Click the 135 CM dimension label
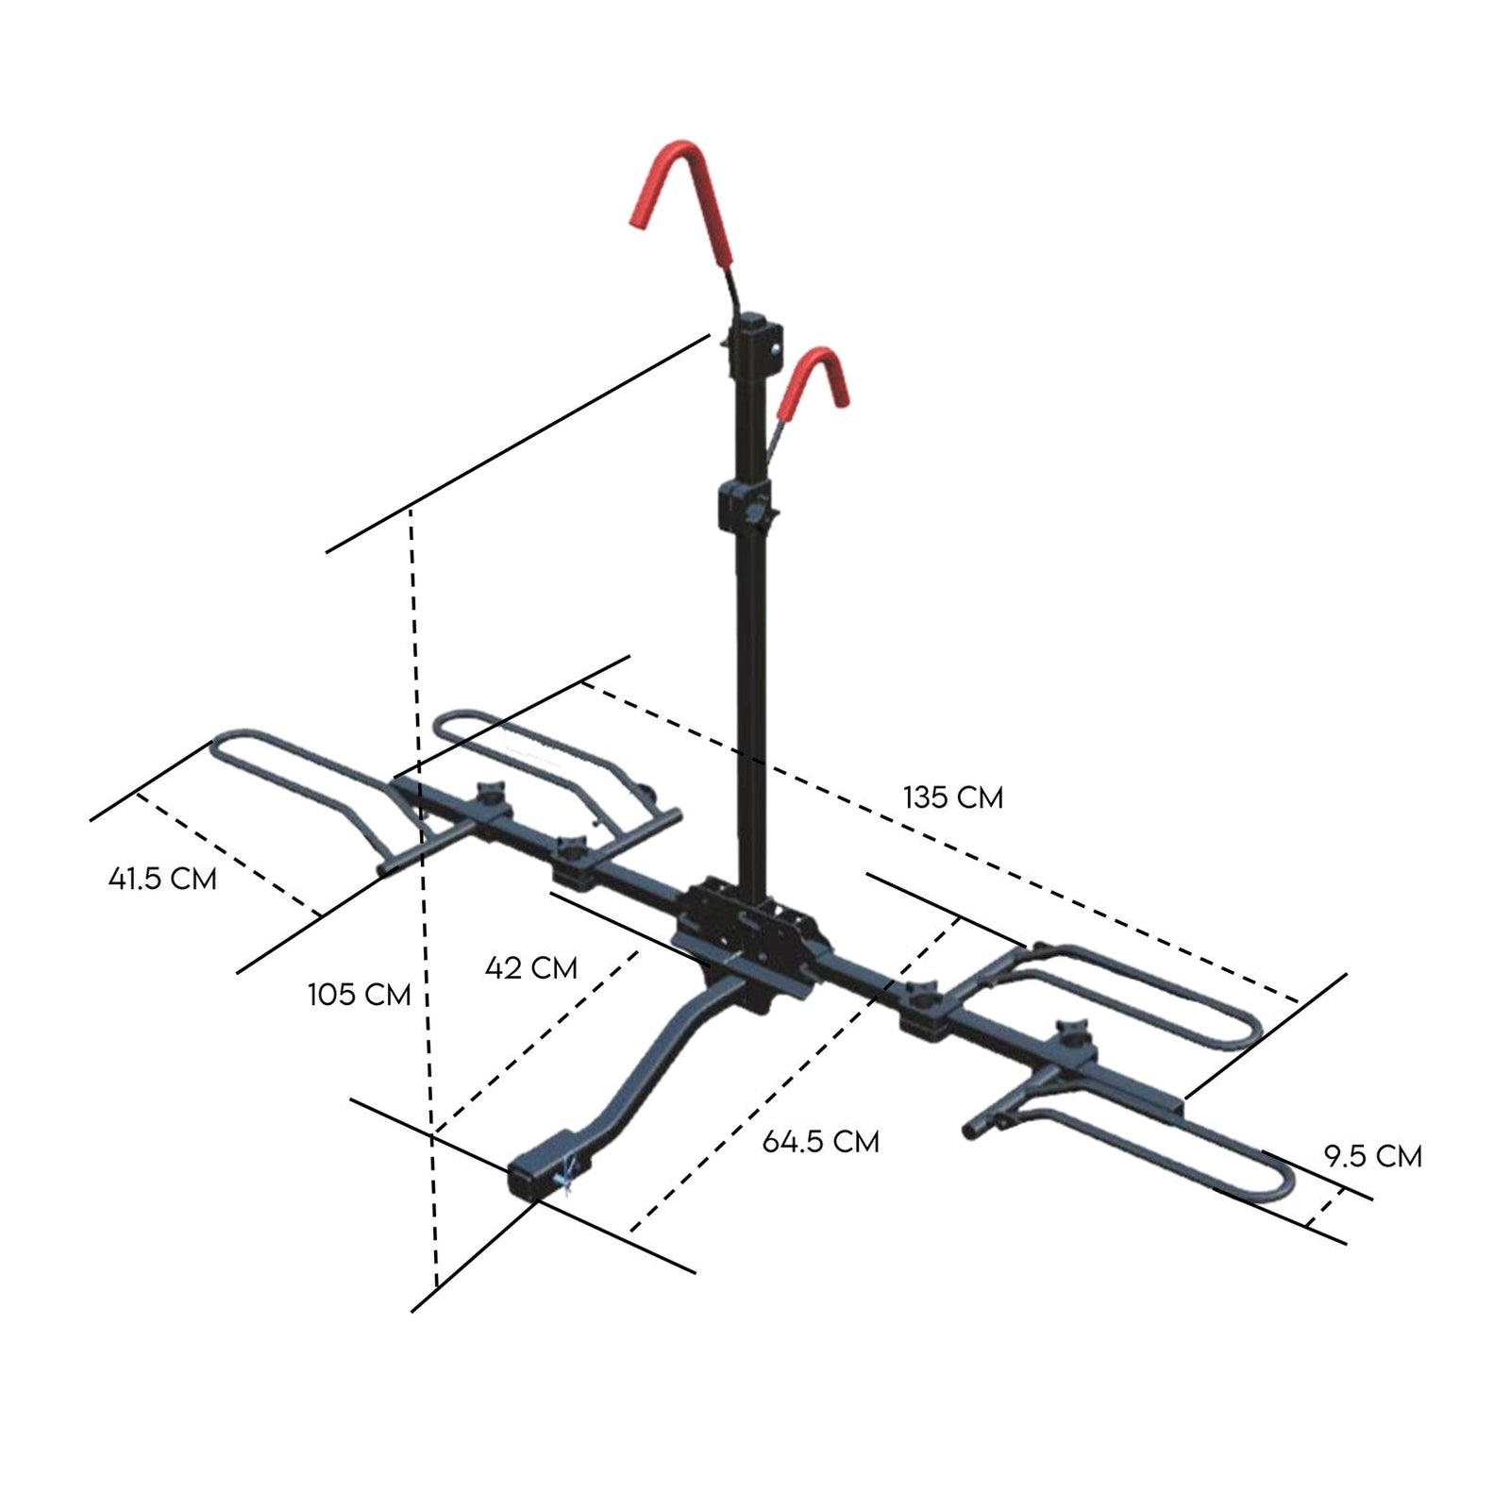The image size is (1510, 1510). point(953,797)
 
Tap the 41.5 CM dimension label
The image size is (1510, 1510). point(162,879)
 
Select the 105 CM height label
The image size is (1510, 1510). point(359,994)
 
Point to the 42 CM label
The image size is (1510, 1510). point(530,967)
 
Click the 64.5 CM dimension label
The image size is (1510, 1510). point(820,1141)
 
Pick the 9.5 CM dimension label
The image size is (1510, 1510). point(1372,1155)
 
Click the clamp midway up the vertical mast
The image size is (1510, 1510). point(746,505)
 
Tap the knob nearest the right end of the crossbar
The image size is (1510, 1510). point(1073,1032)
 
